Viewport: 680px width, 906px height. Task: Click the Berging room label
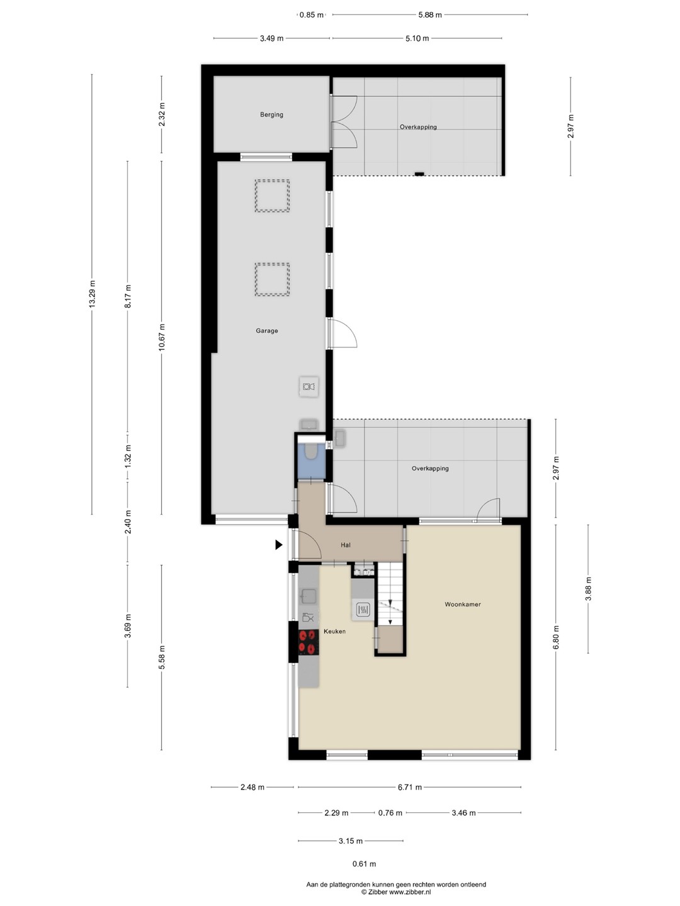(271, 115)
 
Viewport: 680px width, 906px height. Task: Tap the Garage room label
(267, 330)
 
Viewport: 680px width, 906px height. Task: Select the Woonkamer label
(462, 604)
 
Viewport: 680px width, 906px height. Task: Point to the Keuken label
(334, 631)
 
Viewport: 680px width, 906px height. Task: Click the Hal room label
(346, 545)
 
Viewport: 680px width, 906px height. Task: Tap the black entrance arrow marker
(279, 545)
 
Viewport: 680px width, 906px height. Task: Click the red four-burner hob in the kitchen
(309, 642)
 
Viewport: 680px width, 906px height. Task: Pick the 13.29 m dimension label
(92, 293)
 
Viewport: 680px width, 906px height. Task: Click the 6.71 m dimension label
(409, 787)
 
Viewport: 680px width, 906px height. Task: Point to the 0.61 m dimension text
(364, 863)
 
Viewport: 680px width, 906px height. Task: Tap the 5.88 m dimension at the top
(430, 15)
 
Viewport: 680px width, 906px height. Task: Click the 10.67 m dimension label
(161, 337)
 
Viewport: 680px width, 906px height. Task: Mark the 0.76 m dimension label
(390, 813)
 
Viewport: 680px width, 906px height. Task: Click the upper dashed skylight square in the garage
(272, 196)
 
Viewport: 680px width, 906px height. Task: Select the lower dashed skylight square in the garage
(272, 279)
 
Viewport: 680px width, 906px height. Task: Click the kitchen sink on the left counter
(309, 596)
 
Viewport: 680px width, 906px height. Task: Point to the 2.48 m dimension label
(252, 787)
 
